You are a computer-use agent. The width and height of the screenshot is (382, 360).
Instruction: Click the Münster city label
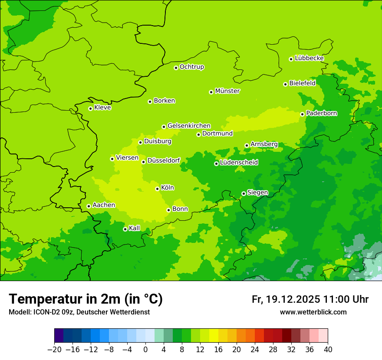tap(227, 91)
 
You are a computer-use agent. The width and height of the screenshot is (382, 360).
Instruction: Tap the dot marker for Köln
tap(157, 189)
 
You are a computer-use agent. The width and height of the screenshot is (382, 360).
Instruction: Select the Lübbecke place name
tap(309, 58)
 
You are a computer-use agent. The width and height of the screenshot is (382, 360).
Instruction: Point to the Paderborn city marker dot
tap(302, 114)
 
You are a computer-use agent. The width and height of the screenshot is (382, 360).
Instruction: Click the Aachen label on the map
tap(104, 205)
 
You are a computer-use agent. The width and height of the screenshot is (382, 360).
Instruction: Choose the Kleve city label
tap(102, 108)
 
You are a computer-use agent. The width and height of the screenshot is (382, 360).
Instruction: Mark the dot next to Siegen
tap(244, 193)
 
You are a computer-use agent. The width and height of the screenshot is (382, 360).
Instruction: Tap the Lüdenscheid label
tap(239, 163)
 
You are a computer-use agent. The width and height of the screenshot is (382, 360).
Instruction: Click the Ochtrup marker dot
tap(176, 67)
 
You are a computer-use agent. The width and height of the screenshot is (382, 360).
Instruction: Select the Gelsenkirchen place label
tap(189, 126)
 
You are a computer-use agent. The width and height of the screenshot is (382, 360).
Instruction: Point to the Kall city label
tap(135, 228)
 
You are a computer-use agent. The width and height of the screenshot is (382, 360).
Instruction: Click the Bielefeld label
tap(302, 83)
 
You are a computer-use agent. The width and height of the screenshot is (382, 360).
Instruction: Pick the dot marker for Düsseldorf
tap(143, 162)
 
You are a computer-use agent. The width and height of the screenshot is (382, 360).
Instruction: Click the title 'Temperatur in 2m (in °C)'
tap(86, 299)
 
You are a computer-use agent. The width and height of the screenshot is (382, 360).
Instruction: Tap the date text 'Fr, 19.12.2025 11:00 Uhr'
tap(310, 299)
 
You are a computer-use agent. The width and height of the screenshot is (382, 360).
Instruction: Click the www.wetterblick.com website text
tap(313, 312)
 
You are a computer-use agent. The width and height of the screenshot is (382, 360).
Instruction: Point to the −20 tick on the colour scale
tap(54, 350)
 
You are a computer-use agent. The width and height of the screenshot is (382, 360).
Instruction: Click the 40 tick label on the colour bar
tap(328, 350)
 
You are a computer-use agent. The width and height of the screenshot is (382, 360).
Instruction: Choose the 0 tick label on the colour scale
tap(145, 350)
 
